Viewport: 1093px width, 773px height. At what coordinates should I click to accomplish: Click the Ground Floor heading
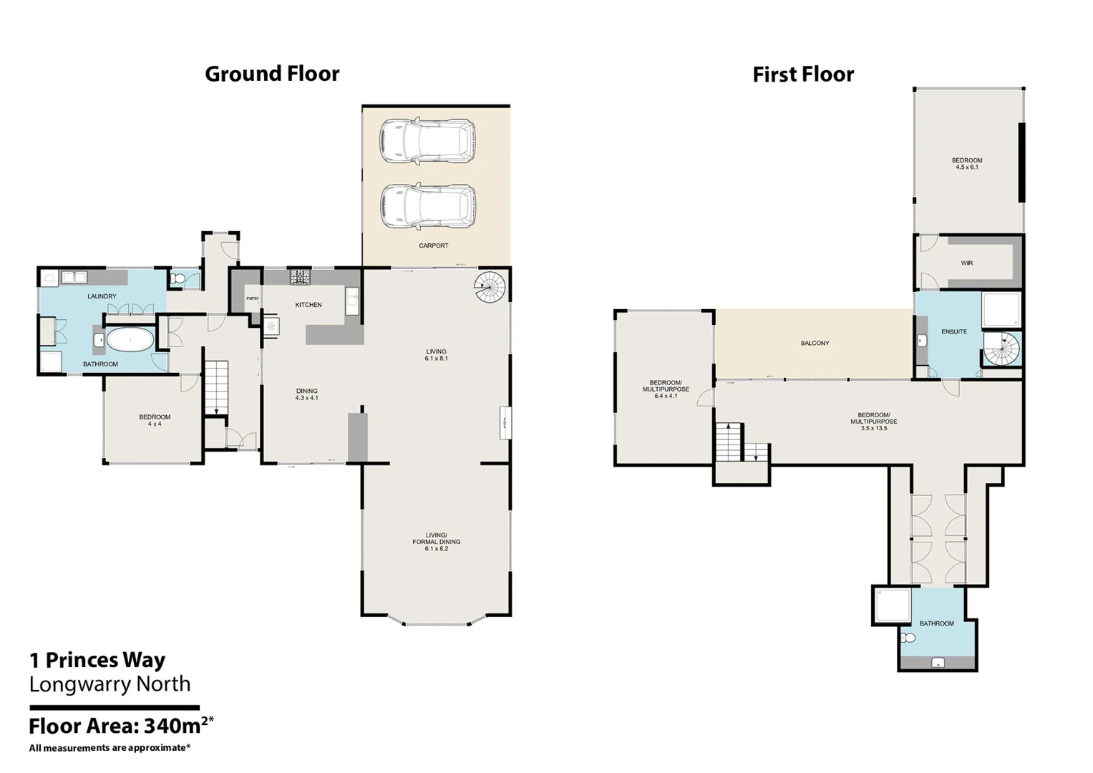pyautogui.click(x=272, y=74)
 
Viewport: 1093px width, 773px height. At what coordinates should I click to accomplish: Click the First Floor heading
pyautogui.click(x=803, y=74)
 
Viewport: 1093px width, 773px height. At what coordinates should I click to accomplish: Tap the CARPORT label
pyautogui.click(x=433, y=245)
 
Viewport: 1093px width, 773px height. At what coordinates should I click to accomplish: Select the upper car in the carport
pyautogui.click(x=427, y=140)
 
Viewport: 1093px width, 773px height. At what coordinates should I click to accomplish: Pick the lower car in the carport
pyautogui.click(x=427, y=206)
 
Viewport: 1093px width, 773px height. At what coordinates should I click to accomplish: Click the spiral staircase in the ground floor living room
pyautogui.click(x=490, y=287)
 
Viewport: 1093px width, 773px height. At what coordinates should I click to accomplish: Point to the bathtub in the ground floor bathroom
pyautogui.click(x=130, y=339)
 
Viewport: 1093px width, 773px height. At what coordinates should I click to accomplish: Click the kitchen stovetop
pyautogui.click(x=301, y=277)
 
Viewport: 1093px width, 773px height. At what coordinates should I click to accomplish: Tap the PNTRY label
pyautogui.click(x=253, y=298)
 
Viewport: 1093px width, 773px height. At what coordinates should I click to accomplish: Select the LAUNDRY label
pyautogui.click(x=102, y=296)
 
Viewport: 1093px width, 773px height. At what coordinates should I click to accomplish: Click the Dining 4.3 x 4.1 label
pyautogui.click(x=306, y=394)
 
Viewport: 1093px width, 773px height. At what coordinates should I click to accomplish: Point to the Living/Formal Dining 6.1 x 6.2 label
pyautogui.click(x=436, y=542)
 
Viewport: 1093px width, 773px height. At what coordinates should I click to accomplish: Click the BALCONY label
pyautogui.click(x=815, y=343)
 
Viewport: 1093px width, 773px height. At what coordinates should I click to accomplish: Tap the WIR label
pyautogui.click(x=966, y=263)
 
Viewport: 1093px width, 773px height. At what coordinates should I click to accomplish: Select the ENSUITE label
pyautogui.click(x=954, y=331)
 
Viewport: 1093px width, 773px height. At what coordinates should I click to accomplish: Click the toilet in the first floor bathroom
pyautogui.click(x=908, y=637)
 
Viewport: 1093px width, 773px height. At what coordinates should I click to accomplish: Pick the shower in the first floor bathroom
pyautogui.click(x=893, y=605)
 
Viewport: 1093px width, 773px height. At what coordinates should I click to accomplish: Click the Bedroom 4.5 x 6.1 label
pyautogui.click(x=966, y=163)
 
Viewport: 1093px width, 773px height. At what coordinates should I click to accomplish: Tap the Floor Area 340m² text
pyautogui.click(x=122, y=725)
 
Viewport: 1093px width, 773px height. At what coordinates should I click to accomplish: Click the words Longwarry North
pyautogui.click(x=110, y=684)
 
